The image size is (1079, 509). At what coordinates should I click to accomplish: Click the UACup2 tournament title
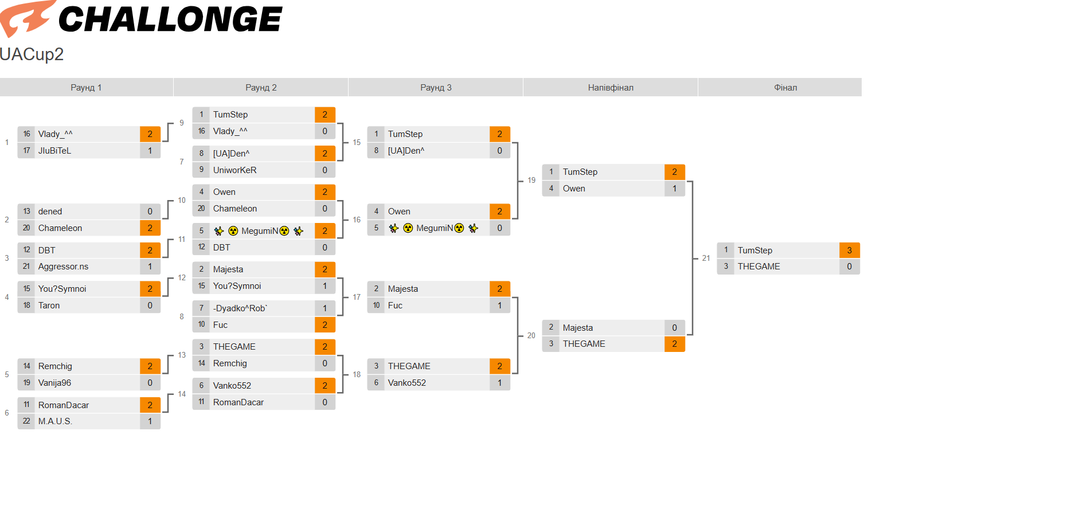pos(32,54)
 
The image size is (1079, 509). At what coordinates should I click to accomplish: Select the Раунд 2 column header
pos(261,88)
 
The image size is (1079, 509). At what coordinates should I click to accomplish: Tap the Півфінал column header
pos(611,88)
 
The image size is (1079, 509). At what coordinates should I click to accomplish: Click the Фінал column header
pos(785,88)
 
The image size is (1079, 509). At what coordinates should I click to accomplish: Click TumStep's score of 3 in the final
pos(850,250)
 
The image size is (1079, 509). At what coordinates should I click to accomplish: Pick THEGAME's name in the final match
pos(759,267)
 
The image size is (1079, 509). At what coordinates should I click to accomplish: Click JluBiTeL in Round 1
pos(54,151)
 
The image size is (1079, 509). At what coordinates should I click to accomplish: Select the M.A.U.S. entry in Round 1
pos(55,421)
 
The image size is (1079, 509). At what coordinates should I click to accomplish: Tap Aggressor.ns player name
pos(63,267)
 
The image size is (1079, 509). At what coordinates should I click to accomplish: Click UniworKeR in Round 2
pos(235,170)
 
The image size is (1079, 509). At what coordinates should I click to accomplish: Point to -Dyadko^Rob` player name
pos(240,308)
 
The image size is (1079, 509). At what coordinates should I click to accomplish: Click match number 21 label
pos(706,259)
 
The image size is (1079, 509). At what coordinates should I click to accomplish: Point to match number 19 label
pos(531,181)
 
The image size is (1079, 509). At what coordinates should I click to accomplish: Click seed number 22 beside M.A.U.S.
pos(26,421)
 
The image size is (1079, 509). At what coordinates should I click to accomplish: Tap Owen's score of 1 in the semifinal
pos(675,189)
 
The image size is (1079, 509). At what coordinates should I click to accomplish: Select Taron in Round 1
pos(49,306)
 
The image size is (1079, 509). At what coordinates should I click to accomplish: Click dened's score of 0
pos(150,212)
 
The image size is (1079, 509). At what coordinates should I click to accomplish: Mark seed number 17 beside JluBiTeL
pos(26,151)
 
